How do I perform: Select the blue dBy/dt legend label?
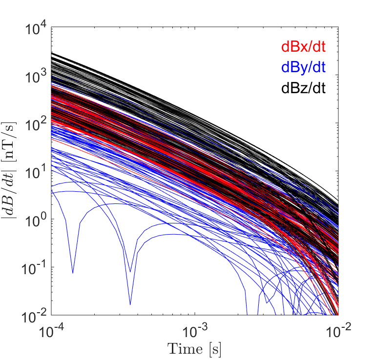[303, 68]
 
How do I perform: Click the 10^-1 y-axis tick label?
[34, 268]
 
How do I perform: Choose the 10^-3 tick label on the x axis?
[195, 330]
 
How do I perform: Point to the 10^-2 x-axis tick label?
[338, 330]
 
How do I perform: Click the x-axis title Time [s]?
[195, 348]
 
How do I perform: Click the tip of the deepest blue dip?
[130, 304]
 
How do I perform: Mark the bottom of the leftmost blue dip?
[73, 273]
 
